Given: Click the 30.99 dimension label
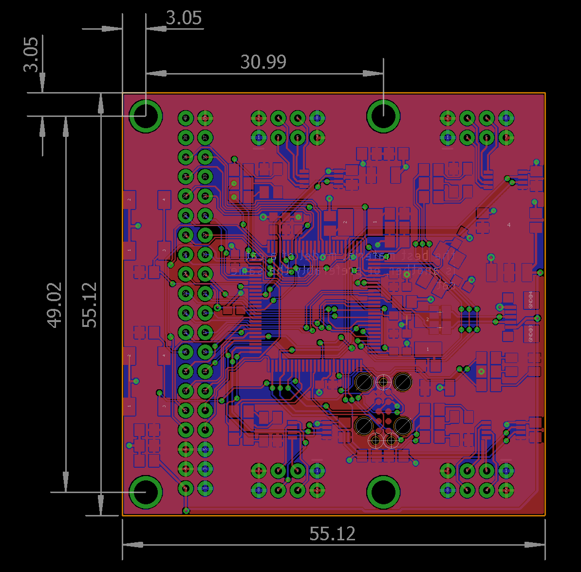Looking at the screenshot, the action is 263,62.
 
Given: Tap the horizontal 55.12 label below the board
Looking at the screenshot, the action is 333,534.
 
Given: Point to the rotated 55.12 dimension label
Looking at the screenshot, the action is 90,305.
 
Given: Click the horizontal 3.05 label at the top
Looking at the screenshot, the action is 184,19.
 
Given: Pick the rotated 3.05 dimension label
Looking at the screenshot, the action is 31,54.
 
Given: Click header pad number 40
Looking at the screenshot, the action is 186,117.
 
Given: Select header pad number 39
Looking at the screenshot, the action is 205,117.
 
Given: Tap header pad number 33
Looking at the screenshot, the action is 205,176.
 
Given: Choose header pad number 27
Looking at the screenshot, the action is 205,234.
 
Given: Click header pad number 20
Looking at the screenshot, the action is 186,312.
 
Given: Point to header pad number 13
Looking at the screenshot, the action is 205,371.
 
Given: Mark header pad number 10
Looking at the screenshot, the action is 186,410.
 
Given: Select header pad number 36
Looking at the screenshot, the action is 186,156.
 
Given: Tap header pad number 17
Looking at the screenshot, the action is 205,332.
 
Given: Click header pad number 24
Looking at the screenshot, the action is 186,273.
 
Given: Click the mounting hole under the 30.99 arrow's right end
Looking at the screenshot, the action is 383,116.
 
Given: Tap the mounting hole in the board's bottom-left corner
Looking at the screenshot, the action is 146,492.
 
